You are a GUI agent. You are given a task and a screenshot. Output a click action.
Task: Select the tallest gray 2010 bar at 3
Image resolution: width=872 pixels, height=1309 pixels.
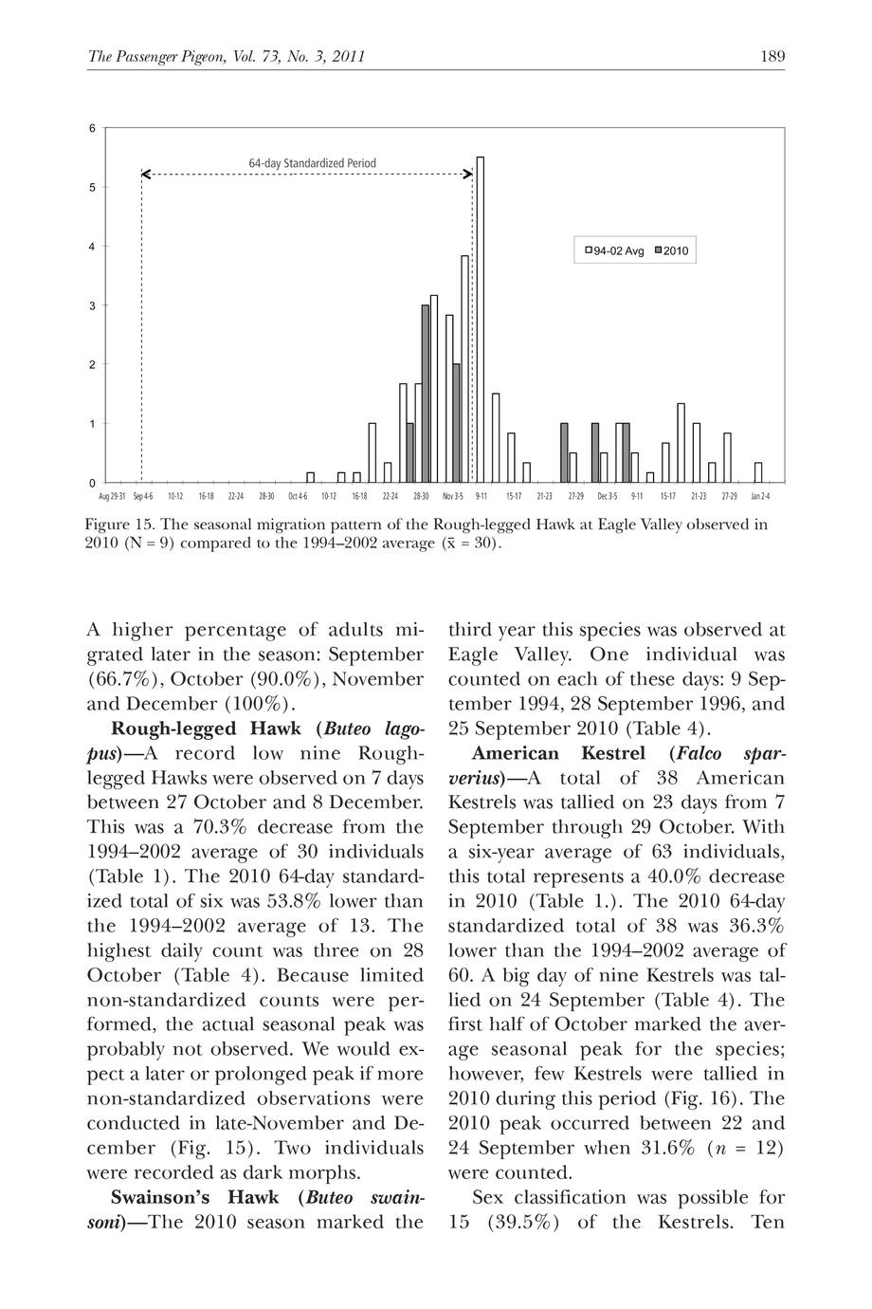coord(426,393)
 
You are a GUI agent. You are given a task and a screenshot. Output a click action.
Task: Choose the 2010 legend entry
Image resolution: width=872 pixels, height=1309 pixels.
coord(671,251)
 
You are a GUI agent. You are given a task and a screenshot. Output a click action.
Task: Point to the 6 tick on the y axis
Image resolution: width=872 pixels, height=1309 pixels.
coord(92,128)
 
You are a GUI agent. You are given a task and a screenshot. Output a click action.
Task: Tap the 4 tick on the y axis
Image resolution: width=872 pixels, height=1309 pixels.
coord(92,247)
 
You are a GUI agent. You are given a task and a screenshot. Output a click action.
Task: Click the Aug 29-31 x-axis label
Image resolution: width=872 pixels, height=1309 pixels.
coord(111,496)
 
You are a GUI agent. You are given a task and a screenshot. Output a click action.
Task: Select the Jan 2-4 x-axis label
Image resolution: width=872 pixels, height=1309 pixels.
coord(760,496)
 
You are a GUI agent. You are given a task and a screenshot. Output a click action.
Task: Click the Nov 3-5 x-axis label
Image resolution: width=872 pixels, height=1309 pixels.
coord(453,496)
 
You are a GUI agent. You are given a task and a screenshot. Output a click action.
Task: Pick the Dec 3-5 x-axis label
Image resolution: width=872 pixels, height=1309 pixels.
coord(607,496)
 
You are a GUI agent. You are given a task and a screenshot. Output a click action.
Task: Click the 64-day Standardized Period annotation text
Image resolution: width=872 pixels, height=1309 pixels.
coord(312,163)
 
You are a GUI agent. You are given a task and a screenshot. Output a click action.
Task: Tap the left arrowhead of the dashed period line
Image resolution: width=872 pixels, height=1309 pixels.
coord(145,175)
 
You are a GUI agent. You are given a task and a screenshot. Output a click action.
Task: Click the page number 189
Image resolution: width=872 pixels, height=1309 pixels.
coord(772,57)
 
